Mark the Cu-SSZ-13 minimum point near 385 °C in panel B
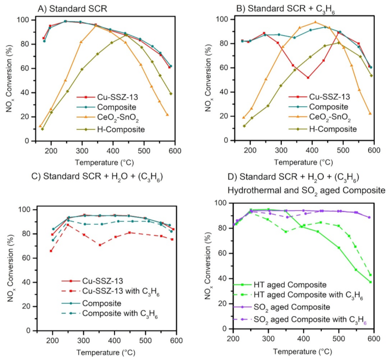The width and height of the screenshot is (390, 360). [308, 78]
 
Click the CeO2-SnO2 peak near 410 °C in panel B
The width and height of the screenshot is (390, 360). [315, 22]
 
